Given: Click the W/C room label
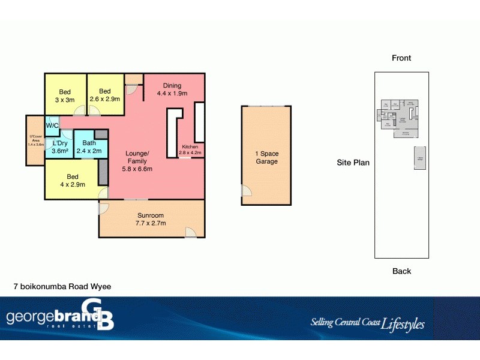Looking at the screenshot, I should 52,125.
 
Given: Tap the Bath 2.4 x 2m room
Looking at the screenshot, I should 89,147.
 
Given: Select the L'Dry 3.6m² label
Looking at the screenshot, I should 59,147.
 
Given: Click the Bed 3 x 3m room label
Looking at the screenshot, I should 65,96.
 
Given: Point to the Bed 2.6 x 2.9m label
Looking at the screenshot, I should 105,95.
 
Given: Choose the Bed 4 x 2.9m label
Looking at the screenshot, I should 73,181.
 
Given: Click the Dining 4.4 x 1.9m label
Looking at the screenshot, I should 172,89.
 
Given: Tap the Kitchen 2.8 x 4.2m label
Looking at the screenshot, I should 190,150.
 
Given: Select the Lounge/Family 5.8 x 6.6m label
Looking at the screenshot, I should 137,161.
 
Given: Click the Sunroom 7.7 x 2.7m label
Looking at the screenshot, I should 151,219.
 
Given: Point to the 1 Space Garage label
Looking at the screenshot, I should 267,157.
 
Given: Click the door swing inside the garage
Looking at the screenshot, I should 247,191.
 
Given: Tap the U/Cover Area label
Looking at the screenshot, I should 36,141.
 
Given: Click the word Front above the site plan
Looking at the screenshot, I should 401,58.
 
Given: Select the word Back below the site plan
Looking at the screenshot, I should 401,271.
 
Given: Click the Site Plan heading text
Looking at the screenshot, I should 353,163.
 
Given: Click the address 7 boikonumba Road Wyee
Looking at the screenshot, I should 62,287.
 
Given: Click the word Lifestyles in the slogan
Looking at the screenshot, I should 403,324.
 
